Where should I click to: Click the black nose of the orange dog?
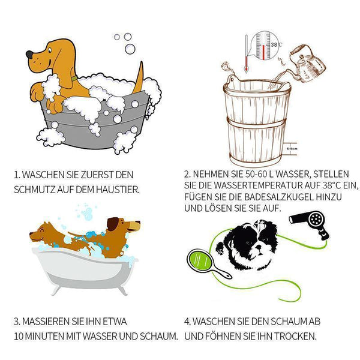tap(29, 55)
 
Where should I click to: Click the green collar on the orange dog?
tap(74, 78)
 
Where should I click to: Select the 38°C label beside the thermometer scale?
tap(276, 44)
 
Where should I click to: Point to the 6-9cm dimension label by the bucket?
tap(292, 149)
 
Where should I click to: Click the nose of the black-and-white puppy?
tap(259, 247)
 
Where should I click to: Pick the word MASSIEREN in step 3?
tap(46, 322)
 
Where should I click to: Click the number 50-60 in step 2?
tap(256, 174)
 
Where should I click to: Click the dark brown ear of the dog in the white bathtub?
tap(113, 224)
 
